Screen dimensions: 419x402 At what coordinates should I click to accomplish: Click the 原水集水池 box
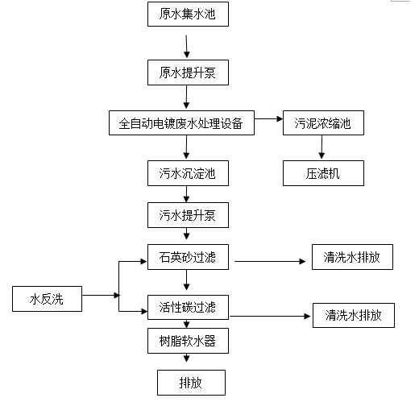(x=188, y=15)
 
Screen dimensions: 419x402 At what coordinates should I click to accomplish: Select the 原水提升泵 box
(x=188, y=73)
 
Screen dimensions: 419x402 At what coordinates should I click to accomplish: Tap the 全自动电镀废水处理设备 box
(x=181, y=122)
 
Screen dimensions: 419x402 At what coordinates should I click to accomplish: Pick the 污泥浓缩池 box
(x=323, y=122)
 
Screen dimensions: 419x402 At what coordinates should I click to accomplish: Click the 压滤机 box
(x=323, y=173)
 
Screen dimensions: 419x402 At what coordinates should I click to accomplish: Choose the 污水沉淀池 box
(x=188, y=173)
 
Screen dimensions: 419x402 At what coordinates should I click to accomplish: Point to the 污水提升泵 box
(x=188, y=215)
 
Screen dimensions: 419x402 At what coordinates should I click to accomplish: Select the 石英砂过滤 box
(x=188, y=257)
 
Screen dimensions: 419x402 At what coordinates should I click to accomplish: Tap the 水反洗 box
(x=47, y=299)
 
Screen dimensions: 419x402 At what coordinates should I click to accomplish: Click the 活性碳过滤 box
(x=188, y=307)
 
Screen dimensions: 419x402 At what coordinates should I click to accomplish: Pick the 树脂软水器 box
(x=188, y=341)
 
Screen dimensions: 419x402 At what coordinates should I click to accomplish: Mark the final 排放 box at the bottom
(x=191, y=383)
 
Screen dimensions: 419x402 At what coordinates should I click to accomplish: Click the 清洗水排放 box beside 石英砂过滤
(x=352, y=257)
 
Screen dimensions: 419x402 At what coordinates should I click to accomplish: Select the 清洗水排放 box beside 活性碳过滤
(x=354, y=315)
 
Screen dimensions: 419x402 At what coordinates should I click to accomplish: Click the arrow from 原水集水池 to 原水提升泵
(x=187, y=46)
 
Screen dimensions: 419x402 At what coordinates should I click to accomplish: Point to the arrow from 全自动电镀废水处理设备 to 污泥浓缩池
(x=268, y=118)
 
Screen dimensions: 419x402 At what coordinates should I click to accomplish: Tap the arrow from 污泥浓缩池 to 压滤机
(x=322, y=147)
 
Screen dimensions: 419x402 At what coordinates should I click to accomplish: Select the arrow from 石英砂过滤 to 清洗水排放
(x=270, y=261)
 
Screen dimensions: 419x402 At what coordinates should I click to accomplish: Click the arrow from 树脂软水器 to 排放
(x=187, y=358)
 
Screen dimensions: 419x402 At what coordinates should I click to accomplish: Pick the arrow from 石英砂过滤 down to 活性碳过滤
(x=187, y=280)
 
